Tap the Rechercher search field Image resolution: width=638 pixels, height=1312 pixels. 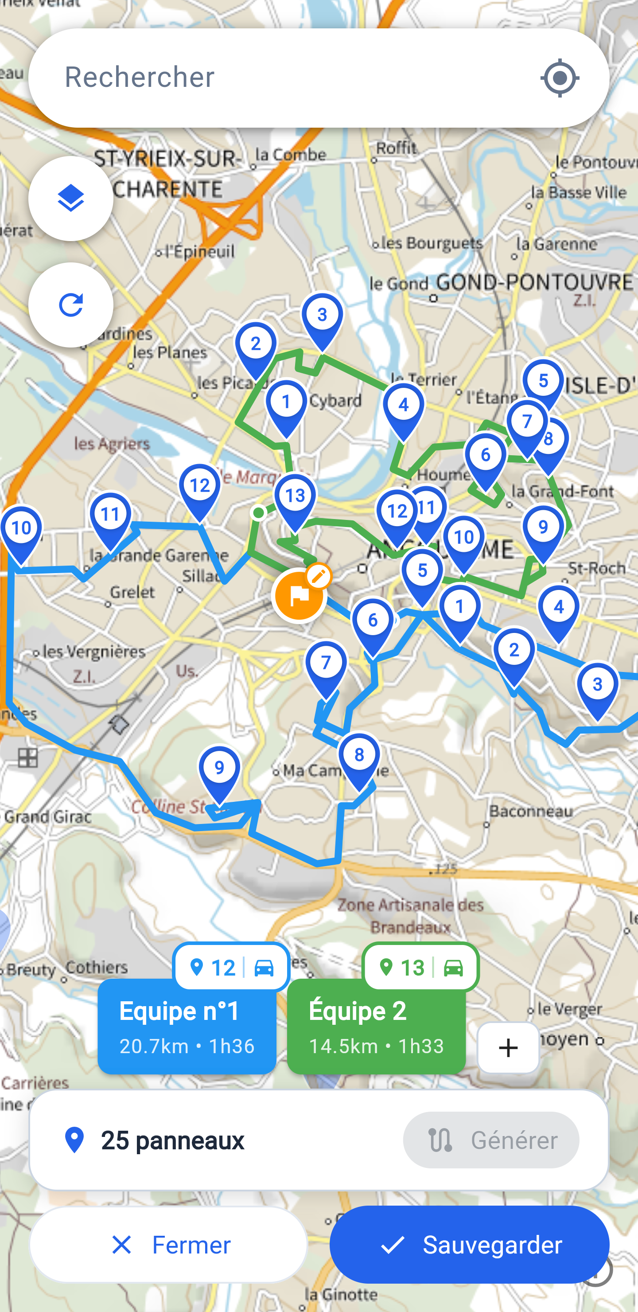coord(285,78)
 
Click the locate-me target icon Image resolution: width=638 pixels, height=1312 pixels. coord(560,78)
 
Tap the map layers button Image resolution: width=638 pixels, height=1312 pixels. coord(71,198)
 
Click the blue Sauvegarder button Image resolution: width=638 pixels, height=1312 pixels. coord(469,1244)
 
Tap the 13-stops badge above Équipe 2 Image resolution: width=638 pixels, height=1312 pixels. coord(420,967)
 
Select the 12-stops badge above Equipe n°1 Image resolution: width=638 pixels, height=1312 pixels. coord(231,967)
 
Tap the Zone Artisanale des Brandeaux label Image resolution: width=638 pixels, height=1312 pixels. coord(410,916)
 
